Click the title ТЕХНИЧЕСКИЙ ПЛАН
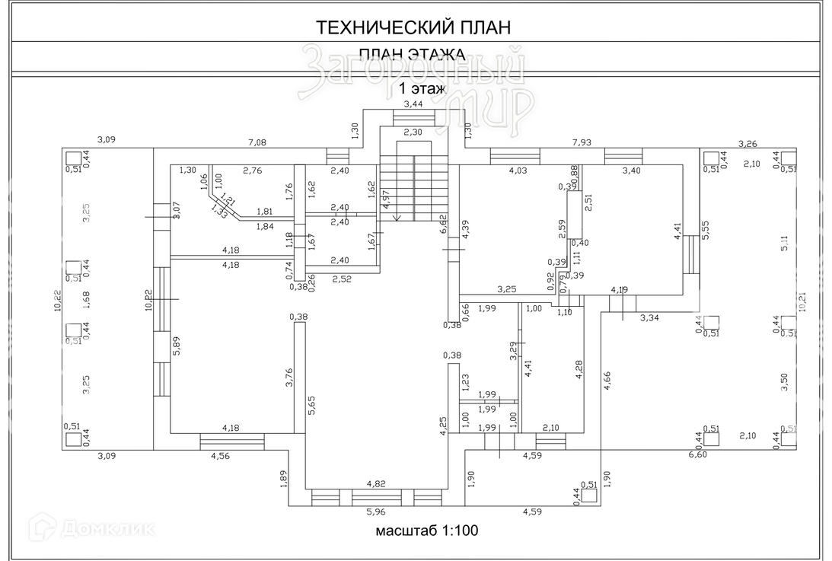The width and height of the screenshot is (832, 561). [x=413, y=27]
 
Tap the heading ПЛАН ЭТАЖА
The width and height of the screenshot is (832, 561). [x=412, y=55]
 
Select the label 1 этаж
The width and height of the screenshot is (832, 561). [x=422, y=88]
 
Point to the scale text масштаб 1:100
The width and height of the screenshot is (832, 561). [x=426, y=530]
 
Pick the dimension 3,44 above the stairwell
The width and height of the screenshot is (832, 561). [x=413, y=104]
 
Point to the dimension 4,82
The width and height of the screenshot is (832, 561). [x=376, y=483]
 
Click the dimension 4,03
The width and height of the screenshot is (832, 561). [x=518, y=171]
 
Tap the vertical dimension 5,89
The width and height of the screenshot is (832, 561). [x=176, y=347]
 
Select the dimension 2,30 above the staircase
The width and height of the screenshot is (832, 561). [x=413, y=132]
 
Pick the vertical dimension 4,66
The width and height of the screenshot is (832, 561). [x=607, y=381]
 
